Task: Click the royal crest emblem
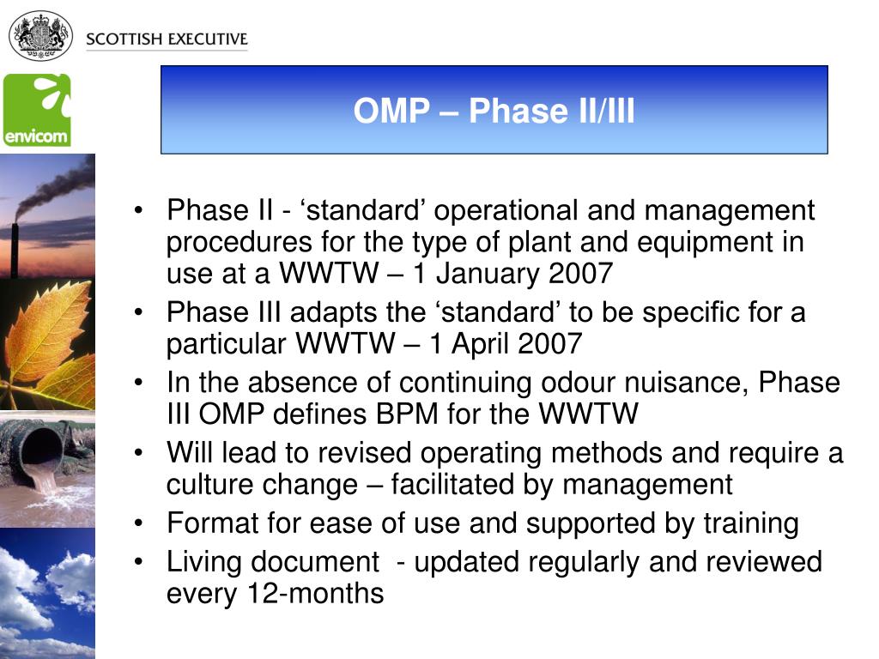click(40, 37)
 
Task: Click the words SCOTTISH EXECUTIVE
click(167, 39)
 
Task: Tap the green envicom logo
click(37, 110)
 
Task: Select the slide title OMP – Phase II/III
click(494, 111)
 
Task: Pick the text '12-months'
click(315, 594)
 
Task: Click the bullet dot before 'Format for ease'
click(138, 523)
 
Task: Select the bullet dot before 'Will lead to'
click(138, 452)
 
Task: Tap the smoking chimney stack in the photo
click(15, 251)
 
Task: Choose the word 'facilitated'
click(452, 485)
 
